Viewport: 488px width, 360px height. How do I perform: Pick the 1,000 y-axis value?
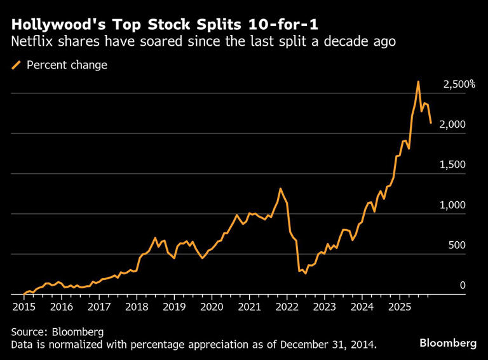(452, 205)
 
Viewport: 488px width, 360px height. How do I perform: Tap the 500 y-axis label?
(457, 245)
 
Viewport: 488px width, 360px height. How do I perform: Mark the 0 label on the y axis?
(463, 286)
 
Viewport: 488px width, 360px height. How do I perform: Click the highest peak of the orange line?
(418, 82)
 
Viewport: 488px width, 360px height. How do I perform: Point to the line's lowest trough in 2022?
(306, 274)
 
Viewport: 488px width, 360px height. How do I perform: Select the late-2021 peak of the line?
(280, 189)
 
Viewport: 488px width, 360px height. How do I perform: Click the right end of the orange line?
(431, 123)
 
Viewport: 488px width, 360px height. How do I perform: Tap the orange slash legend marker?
(16, 65)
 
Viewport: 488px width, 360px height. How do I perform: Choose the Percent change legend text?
(67, 65)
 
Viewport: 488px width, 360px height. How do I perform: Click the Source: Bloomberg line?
(57, 332)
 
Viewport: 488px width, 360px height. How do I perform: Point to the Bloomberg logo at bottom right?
(447, 343)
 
